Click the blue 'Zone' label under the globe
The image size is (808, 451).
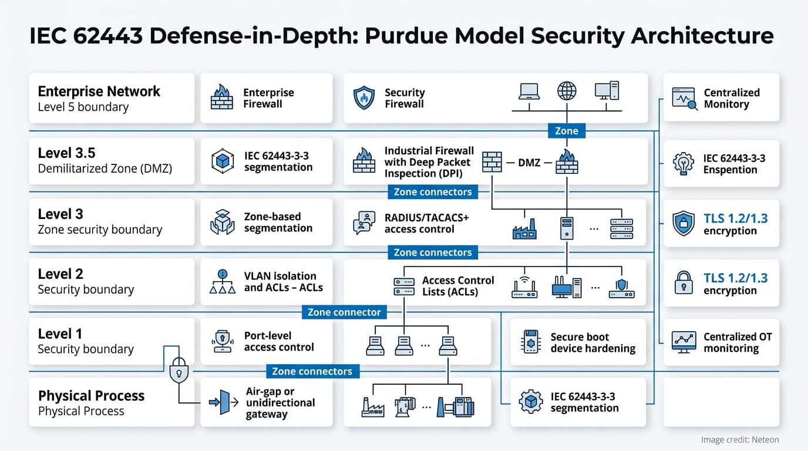pos(567,131)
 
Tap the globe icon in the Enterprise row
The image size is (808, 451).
pos(567,91)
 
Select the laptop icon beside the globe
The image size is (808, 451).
pos(529,91)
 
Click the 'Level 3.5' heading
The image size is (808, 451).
pos(66,153)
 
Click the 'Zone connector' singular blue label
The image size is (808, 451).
pos(344,312)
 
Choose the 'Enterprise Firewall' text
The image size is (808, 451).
pos(268,98)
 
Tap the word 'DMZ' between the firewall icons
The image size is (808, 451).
pos(529,162)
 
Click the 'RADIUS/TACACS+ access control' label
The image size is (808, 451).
pos(426,223)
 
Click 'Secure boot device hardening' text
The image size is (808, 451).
pos(592,342)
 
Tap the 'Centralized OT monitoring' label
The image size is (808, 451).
pos(738,342)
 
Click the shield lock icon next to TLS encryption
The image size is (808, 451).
pos(684,224)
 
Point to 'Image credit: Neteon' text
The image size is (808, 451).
pos(740,439)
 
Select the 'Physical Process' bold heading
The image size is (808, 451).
pos(91,396)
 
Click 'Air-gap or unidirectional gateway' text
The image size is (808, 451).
pos(280,402)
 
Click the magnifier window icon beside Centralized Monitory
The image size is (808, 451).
pos(684,98)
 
